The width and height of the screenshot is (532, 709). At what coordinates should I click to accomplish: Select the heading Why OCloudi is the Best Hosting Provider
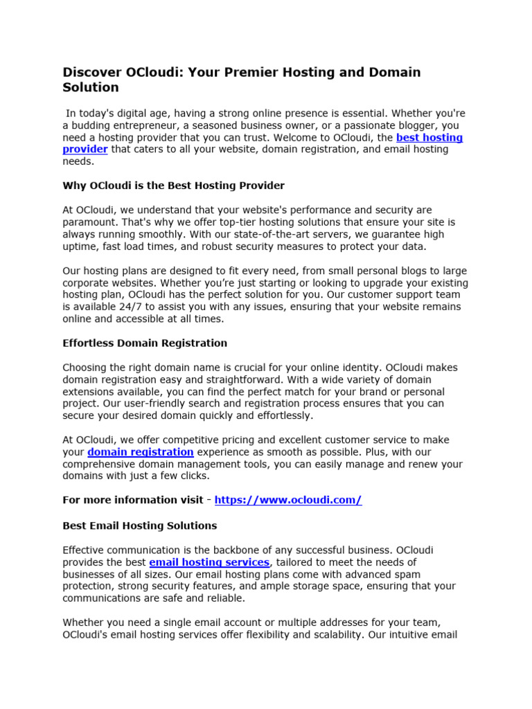tap(174, 186)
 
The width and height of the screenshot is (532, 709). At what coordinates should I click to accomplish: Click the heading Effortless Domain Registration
tap(145, 343)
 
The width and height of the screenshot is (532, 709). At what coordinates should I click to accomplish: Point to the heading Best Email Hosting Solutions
tap(140, 526)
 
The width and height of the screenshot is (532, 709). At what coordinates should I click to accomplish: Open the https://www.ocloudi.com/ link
tap(288, 500)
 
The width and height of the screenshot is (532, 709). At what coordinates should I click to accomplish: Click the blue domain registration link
tap(140, 452)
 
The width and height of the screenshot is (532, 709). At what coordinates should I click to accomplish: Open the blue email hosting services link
tap(209, 562)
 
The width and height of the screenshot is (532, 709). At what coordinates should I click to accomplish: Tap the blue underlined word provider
tap(85, 150)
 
